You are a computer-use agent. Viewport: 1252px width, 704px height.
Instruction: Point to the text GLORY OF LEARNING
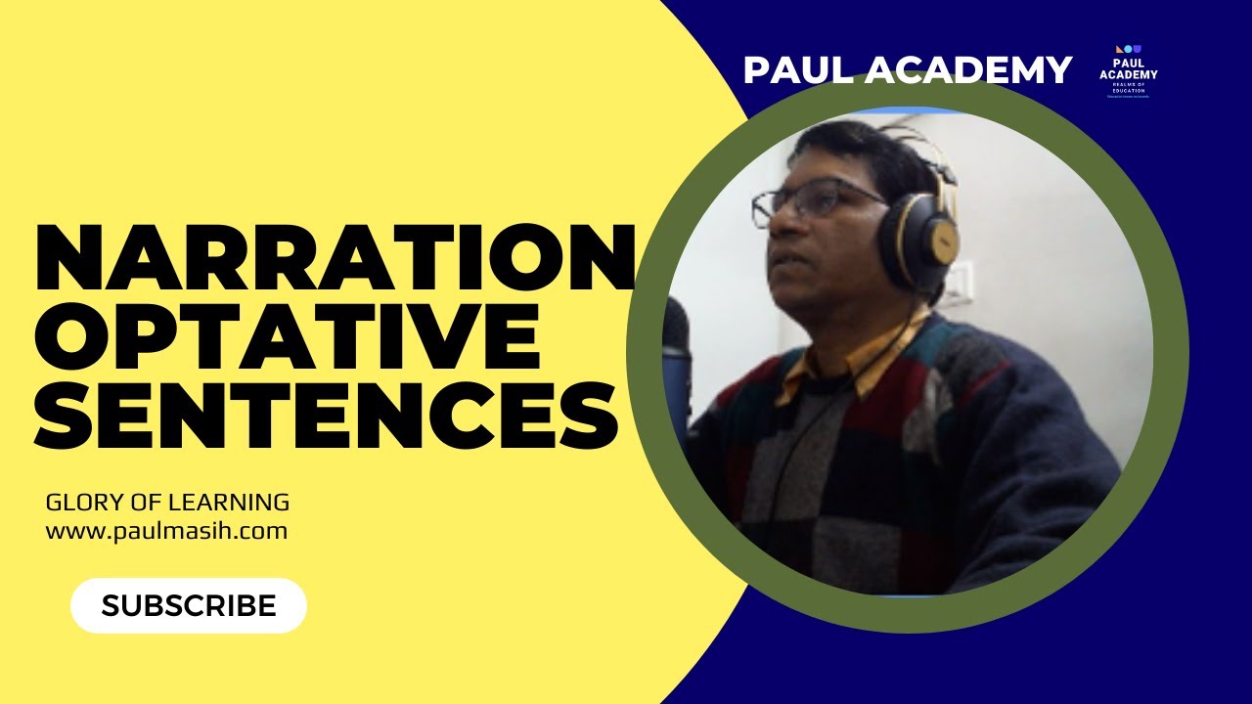[x=167, y=503]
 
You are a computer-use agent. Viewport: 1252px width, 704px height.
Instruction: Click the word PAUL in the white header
[x=797, y=69]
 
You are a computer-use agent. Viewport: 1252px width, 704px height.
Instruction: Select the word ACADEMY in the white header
[x=968, y=69]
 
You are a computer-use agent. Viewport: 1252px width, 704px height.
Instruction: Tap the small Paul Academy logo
[x=1128, y=71]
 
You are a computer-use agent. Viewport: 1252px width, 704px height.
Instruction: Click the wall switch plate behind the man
[x=963, y=284]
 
